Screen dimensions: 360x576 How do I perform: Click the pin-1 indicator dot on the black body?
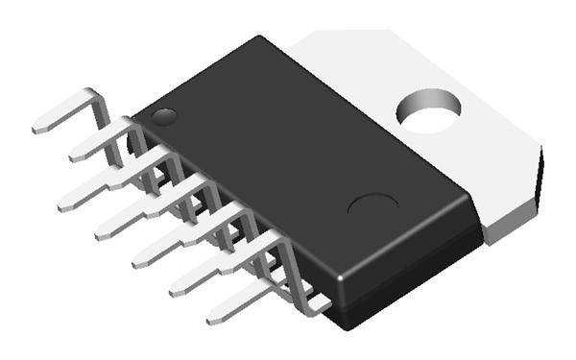point(164,118)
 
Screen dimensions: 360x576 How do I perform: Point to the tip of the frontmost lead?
point(215,317)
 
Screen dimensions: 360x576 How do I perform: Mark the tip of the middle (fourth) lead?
point(103,231)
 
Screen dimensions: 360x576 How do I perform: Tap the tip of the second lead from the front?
point(178,287)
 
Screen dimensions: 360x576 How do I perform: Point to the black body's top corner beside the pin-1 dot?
point(134,114)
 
